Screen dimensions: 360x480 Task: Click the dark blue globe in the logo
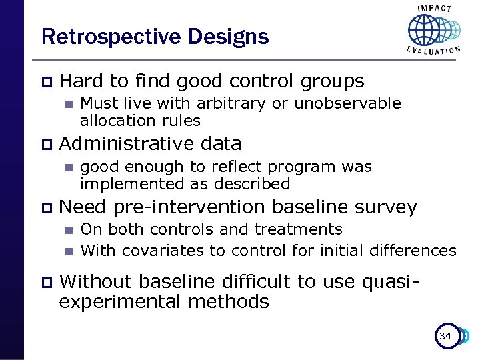pyautogui.click(x=424, y=30)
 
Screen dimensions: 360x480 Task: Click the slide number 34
pyautogui.click(x=445, y=336)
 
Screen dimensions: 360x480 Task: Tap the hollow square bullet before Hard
pyautogui.click(x=45, y=81)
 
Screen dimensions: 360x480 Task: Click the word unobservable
pyautogui.click(x=347, y=103)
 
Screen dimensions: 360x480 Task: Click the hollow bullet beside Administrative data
pyautogui.click(x=45, y=144)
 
